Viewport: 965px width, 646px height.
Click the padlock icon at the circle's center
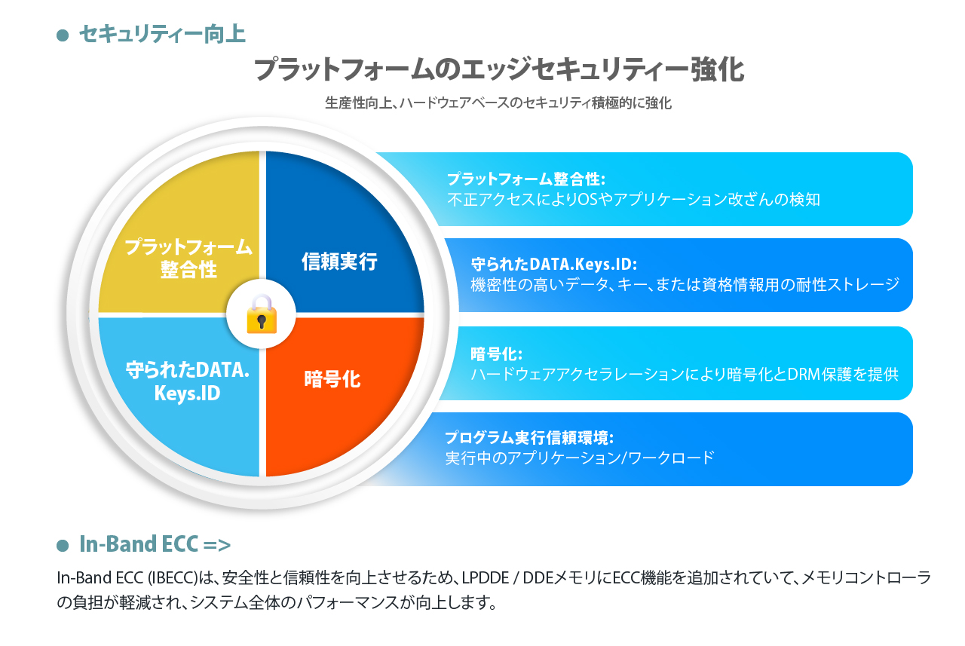pyautogui.click(x=262, y=314)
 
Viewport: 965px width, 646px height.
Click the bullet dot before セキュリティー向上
pyautogui.click(x=63, y=35)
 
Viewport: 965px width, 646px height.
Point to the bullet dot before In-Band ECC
pyautogui.click(x=63, y=545)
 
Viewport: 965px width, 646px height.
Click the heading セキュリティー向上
pyautogui.click(x=162, y=34)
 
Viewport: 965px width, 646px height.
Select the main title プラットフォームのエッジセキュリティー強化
pyautogui.click(x=499, y=70)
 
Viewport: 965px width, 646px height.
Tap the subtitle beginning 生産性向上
pyautogui.click(x=498, y=103)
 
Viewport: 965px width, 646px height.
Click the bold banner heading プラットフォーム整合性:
pyautogui.click(x=526, y=179)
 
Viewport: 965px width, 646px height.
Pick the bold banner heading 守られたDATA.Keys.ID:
pyautogui.click(x=553, y=264)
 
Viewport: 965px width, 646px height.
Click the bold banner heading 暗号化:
pyautogui.click(x=496, y=354)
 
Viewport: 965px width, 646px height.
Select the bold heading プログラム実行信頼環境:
pyautogui.click(x=529, y=437)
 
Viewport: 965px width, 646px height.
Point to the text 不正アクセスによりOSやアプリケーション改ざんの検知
pyautogui.click(x=633, y=200)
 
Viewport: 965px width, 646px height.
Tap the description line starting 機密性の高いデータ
pyautogui.click(x=685, y=285)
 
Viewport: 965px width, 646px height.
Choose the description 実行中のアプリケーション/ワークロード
pyautogui.click(x=580, y=458)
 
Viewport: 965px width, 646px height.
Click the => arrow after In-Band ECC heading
pyautogui.click(x=216, y=545)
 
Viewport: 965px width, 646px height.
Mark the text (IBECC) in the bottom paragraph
pyautogui.click(x=173, y=578)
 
